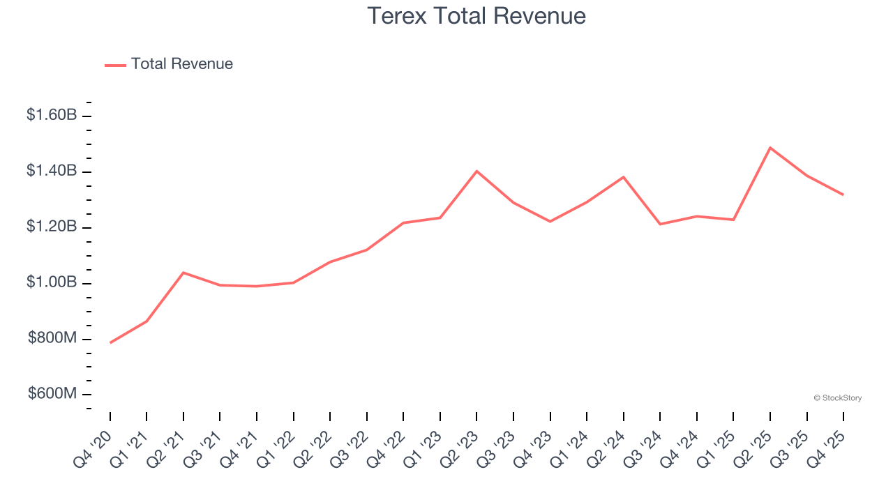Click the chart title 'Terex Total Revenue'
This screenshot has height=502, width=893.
(476, 15)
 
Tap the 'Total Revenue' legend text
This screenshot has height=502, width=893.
(181, 64)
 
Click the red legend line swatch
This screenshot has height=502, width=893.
(115, 65)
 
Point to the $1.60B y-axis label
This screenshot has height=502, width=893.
(52, 115)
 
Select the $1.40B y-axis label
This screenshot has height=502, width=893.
(52, 171)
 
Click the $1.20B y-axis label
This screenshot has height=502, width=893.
(52, 227)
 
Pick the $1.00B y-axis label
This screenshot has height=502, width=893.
(52, 282)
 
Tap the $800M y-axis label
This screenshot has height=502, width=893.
(52, 338)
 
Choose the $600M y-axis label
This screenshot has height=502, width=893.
(52, 394)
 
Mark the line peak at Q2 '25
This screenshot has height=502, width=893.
(770, 148)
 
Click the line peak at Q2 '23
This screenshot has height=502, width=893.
(476, 171)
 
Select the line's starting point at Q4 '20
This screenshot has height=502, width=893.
(110, 342)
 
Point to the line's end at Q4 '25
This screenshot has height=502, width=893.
(843, 195)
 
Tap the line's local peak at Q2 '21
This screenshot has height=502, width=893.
(183, 273)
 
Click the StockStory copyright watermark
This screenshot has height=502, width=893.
(837, 398)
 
